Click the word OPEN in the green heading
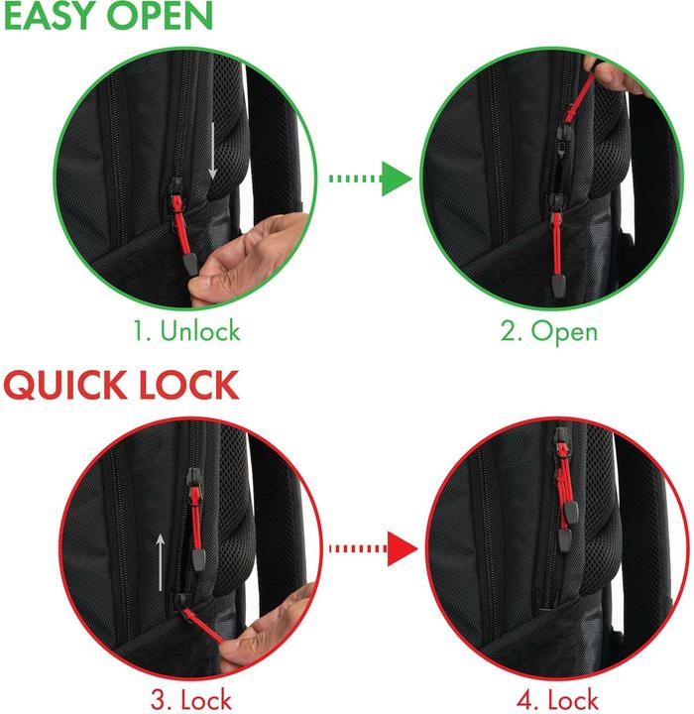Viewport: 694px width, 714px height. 160,16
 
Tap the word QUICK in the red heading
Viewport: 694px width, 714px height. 64,385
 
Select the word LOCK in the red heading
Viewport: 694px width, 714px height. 189,385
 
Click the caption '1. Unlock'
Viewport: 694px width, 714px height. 186,330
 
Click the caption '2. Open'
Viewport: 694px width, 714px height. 548,331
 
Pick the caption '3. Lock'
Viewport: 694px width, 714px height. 191,700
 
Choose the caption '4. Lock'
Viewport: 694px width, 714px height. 557,700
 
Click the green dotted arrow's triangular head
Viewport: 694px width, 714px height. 397,178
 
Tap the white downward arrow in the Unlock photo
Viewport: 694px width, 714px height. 212,151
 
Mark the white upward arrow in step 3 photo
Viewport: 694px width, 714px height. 160,563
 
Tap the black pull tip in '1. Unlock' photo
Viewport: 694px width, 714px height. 190,265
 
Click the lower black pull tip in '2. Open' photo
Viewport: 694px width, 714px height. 557,285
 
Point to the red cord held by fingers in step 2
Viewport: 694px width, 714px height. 581,99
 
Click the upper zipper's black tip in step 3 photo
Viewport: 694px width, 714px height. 198,559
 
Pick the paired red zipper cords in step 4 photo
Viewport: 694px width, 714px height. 565,483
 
